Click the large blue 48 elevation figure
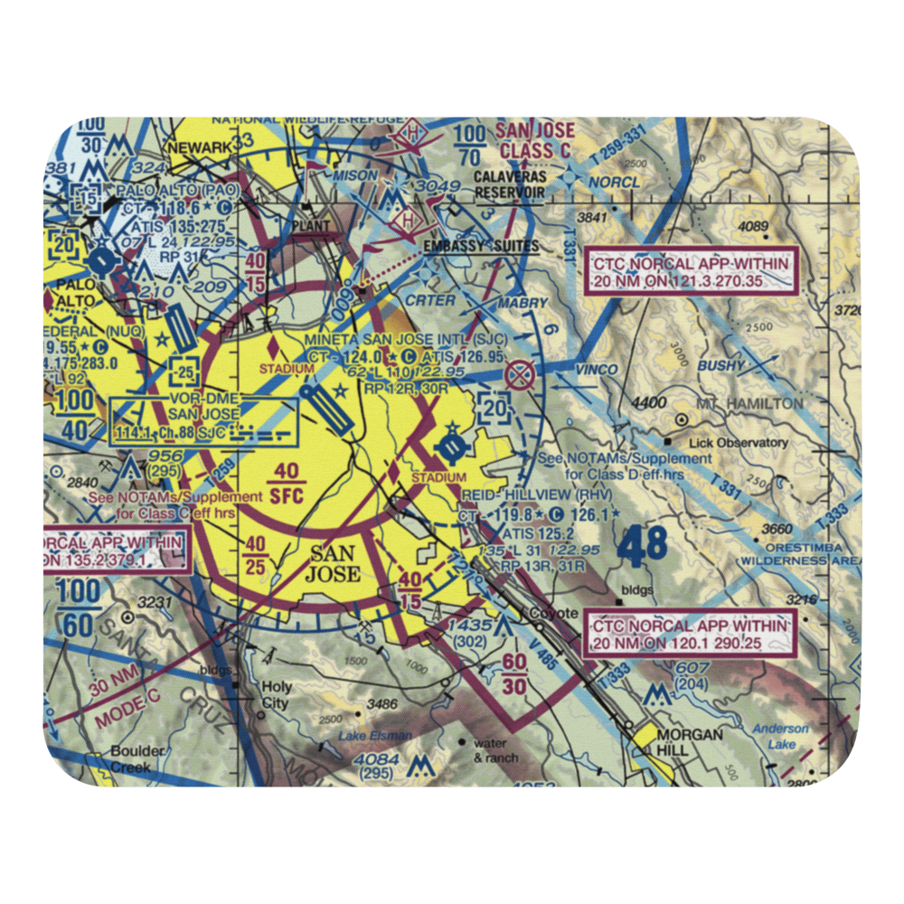(644, 545)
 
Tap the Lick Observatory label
(738, 443)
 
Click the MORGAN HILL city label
(690, 742)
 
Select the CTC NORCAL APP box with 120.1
(692, 634)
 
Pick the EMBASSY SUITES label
(480, 246)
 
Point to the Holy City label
(275, 695)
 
